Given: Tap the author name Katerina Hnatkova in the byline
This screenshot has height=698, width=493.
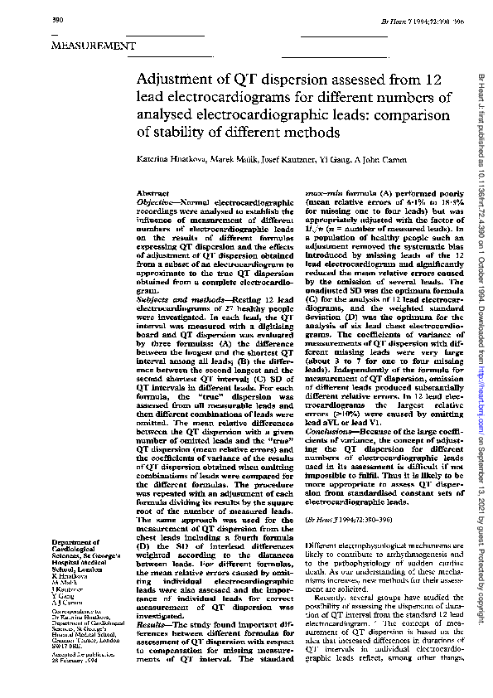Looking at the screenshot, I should pyautogui.click(x=176, y=158).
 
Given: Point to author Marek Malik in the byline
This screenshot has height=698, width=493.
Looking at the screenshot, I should pyautogui.click(x=237, y=158).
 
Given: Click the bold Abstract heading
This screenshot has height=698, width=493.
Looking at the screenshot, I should pyautogui.click(x=150, y=192).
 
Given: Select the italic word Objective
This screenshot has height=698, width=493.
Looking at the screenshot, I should pyautogui.click(x=153, y=201).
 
